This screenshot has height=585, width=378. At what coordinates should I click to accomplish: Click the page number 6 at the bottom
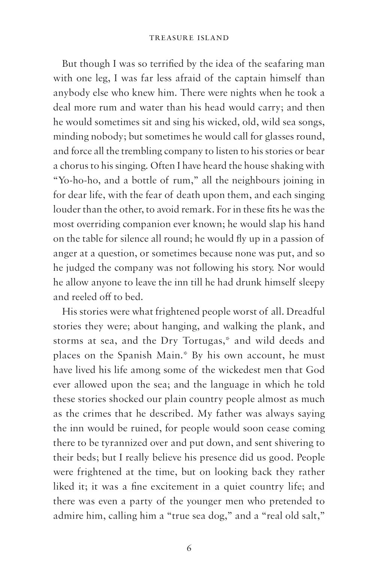189,548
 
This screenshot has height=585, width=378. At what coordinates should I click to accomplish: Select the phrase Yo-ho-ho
78,180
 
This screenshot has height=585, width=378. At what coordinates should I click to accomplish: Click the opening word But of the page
70,63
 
